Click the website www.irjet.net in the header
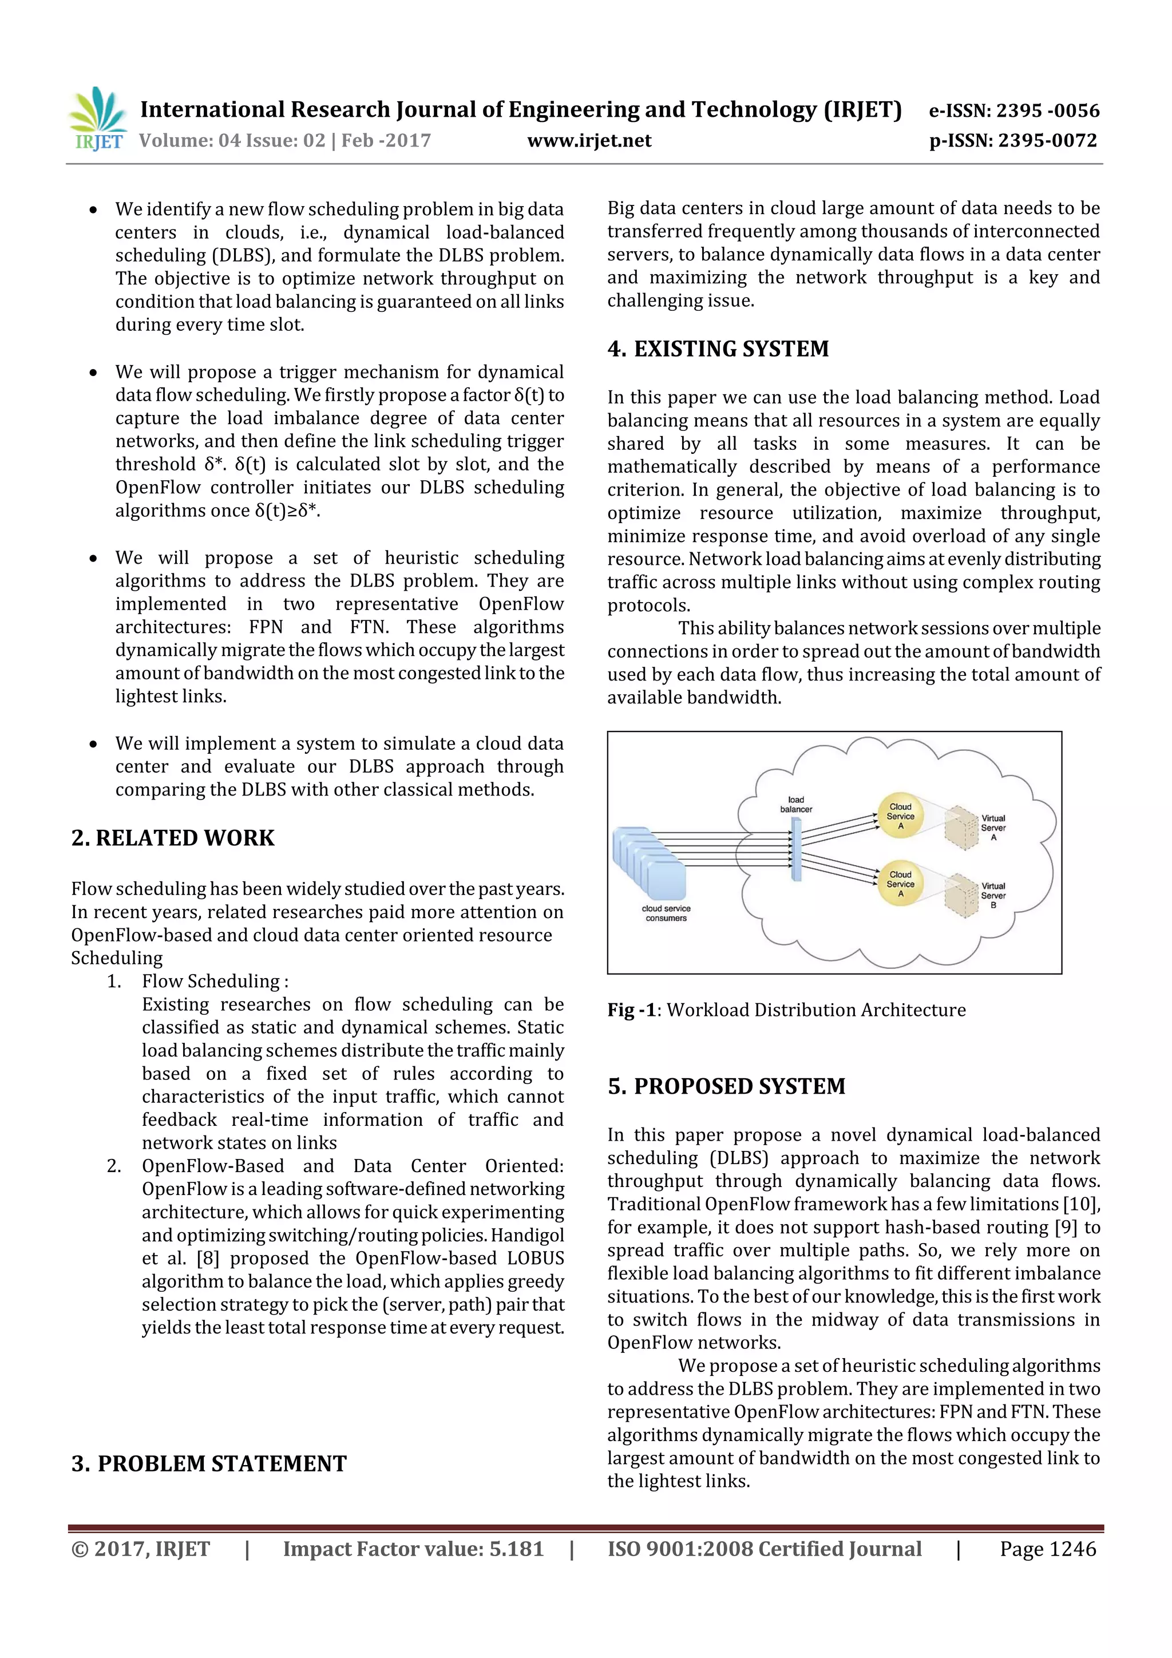coord(589,141)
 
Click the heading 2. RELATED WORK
coord(173,838)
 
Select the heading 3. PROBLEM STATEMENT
coord(209,1463)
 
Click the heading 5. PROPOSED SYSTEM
coord(726,1086)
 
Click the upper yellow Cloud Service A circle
coord(901,816)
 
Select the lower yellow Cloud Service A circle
coord(901,884)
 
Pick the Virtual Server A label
coord(993,828)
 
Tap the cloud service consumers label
coord(666,913)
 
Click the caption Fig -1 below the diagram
coord(632,1010)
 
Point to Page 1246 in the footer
coord(1047,1549)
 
